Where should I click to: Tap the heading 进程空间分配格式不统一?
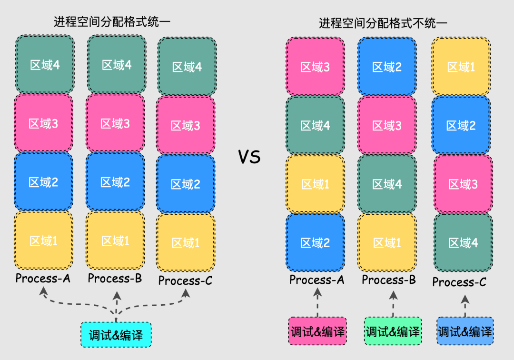point(383,23)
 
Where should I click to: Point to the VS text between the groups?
point(249,156)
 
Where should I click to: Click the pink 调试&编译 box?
point(317,331)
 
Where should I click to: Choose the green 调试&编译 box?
point(393,331)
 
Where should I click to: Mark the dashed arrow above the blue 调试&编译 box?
point(465,306)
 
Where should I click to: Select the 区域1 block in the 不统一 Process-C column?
point(461,67)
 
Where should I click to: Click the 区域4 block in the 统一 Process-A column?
point(45,64)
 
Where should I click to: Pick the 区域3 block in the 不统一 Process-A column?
point(315,67)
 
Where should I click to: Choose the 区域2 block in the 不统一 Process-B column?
point(387,67)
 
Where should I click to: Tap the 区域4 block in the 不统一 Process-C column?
point(463,243)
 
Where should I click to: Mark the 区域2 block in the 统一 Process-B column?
point(115,182)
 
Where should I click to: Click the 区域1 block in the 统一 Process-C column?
point(186,243)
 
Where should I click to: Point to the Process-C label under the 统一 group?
point(186,280)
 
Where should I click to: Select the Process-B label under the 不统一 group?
point(389,280)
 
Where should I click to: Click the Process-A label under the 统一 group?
point(43,278)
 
